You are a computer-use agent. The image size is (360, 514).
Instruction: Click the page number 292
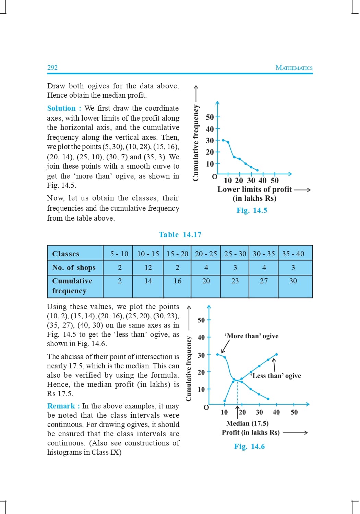point(52,68)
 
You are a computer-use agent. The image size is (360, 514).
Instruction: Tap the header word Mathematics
point(294,68)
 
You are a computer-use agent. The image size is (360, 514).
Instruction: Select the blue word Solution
point(61,108)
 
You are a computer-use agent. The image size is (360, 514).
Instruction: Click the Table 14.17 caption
point(180,235)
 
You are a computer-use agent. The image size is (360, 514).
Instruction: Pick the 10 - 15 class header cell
point(148,254)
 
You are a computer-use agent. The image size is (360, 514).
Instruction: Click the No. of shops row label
point(74,268)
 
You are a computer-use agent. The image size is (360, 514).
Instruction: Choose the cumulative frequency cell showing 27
point(264,281)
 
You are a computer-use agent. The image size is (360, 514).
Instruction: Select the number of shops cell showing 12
point(148,268)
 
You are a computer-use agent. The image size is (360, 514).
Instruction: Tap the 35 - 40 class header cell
point(293,254)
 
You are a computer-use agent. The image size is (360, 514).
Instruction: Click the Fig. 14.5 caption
point(252,210)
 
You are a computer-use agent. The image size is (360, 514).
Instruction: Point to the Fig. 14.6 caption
point(249,446)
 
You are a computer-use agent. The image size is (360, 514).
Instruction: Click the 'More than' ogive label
point(251,336)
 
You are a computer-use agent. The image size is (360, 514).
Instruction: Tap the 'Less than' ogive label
point(276,376)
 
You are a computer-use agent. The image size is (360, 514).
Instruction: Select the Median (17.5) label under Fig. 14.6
point(247,424)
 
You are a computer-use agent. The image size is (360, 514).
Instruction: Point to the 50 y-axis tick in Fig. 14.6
point(201,320)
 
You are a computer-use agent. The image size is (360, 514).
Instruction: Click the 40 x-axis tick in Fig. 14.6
point(276,412)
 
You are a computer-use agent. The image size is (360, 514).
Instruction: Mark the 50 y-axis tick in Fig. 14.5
point(209,117)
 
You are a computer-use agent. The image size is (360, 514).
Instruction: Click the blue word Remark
point(61,406)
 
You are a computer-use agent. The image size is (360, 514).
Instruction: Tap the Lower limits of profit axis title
point(254,189)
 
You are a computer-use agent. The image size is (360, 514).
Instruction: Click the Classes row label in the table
point(65,254)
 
